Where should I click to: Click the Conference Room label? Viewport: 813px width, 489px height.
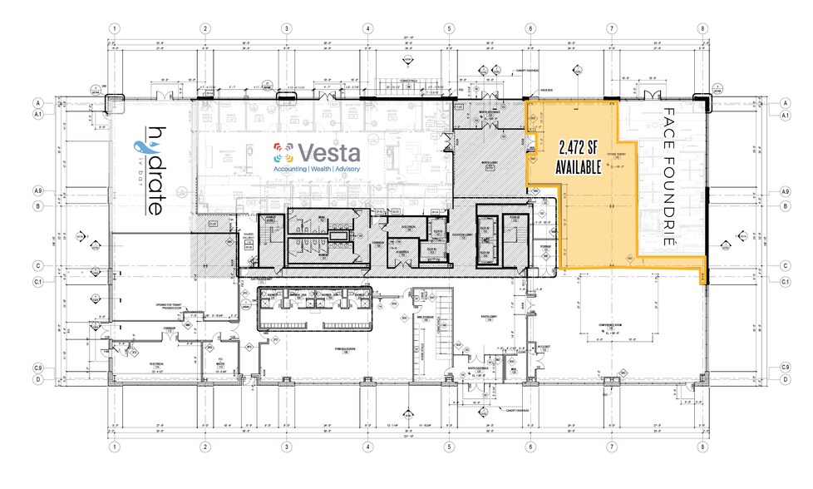615,326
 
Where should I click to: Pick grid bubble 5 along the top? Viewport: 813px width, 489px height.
448,28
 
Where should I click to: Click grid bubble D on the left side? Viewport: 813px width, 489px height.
38,381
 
